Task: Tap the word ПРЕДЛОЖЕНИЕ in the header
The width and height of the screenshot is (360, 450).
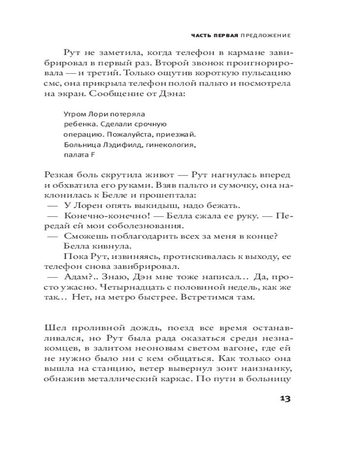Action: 265,35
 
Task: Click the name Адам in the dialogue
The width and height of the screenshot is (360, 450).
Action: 76,277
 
